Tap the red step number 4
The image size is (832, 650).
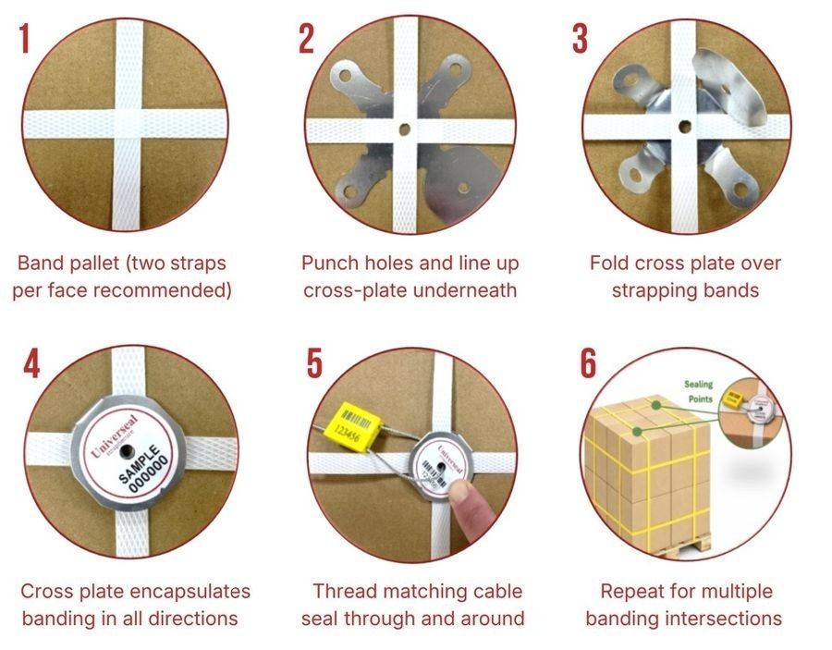pyautogui.click(x=31, y=364)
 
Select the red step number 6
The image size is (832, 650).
pyautogui.click(x=588, y=364)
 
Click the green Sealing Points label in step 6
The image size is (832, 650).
pyautogui.click(x=699, y=390)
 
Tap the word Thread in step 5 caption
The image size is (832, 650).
pyautogui.click(x=341, y=592)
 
